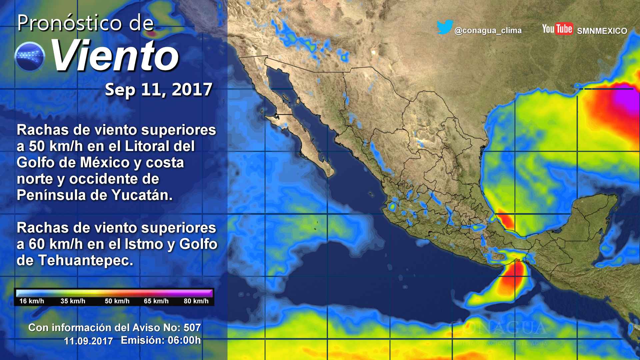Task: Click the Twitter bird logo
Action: (445, 27)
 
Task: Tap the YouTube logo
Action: (557, 29)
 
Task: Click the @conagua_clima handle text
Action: (488, 31)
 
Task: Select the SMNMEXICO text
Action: (602, 31)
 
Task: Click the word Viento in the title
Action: (115, 56)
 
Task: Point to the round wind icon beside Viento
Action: (30, 57)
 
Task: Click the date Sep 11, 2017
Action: (159, 90)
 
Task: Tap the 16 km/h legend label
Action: (32, 301)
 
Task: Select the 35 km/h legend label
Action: (73, 301)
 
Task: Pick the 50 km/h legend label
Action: (117, 301)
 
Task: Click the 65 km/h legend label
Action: (156, 301)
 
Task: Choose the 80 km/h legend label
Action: (196, 301)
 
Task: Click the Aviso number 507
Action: (192, 328)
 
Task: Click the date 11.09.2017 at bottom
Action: (88, 341)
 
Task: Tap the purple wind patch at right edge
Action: (627, 97)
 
